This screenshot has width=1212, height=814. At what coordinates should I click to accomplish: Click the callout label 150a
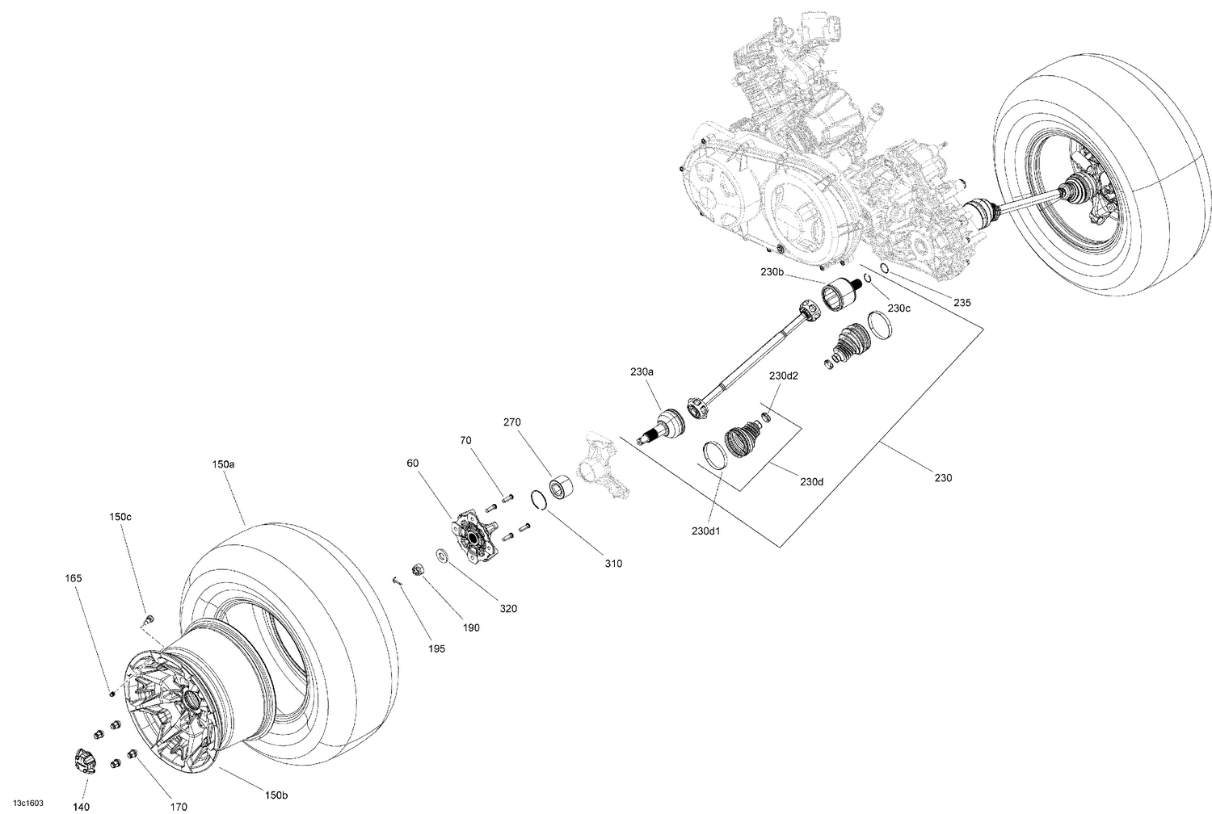click(223, 465)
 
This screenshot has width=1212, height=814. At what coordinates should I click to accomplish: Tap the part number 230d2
click(783, 376)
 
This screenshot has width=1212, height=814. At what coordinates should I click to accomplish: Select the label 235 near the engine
click(962, 303)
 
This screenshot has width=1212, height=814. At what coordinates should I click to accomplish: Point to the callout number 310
click(613, 563)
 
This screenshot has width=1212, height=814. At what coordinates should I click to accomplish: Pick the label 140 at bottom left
click(82, 806)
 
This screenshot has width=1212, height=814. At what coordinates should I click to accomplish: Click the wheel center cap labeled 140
click(84, 760)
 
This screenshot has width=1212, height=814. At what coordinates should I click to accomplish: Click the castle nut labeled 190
click(419, 569)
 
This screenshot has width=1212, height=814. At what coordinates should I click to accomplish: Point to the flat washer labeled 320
click(442, 556)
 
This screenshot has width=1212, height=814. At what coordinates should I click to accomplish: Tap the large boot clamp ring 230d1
click(712, 454)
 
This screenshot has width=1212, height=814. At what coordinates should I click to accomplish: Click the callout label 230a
click(642, 372)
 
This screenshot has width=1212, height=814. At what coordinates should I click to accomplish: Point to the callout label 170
click(179, 806)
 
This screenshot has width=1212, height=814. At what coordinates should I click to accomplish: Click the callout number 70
click(465, 441)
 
